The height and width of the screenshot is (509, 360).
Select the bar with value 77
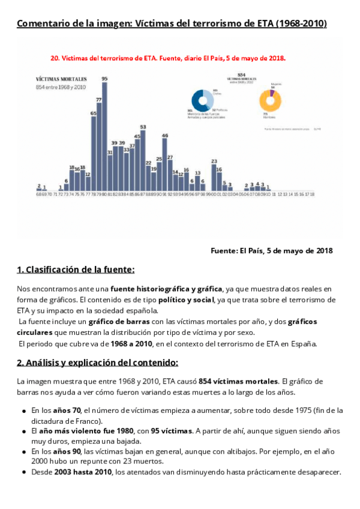coord(99,148)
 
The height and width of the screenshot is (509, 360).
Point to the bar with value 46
coord(165,166)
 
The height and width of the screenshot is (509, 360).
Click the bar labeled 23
coord(214,178)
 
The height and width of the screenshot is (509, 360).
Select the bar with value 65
coord(94,154)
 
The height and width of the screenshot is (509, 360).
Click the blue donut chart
coord(202,100)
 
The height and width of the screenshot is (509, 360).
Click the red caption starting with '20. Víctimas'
coord(168,59)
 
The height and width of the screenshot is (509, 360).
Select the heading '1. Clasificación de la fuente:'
coord(76,270)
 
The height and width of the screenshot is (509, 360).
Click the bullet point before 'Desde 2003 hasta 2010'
coord(24,472)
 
